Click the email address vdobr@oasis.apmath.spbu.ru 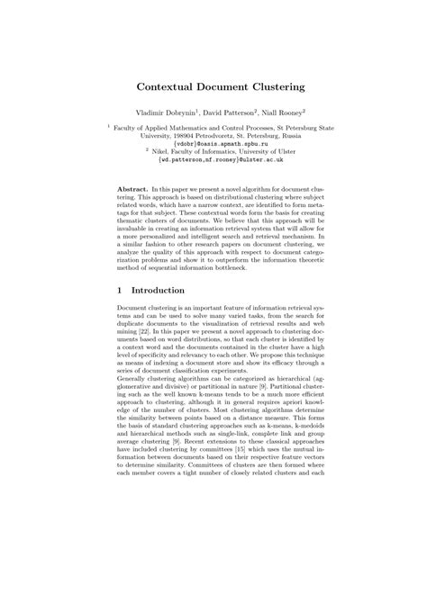click(213, 143)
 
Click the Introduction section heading click(159, 291)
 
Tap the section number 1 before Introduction click(121, 291)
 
